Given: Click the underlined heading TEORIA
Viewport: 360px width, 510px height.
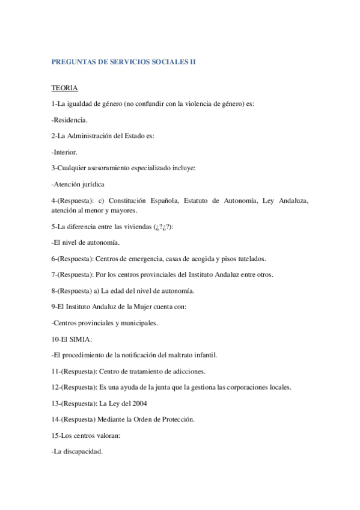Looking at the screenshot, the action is (64, 88).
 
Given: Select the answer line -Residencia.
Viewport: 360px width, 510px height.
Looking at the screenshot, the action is (70, 120).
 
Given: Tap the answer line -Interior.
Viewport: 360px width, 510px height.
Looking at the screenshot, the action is (64, 152).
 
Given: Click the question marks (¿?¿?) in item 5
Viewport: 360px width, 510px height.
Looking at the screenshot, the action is (162, 227).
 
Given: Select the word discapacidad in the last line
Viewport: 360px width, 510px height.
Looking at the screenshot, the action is (82, 451).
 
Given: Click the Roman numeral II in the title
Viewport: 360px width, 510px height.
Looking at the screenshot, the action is (192, 61).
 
